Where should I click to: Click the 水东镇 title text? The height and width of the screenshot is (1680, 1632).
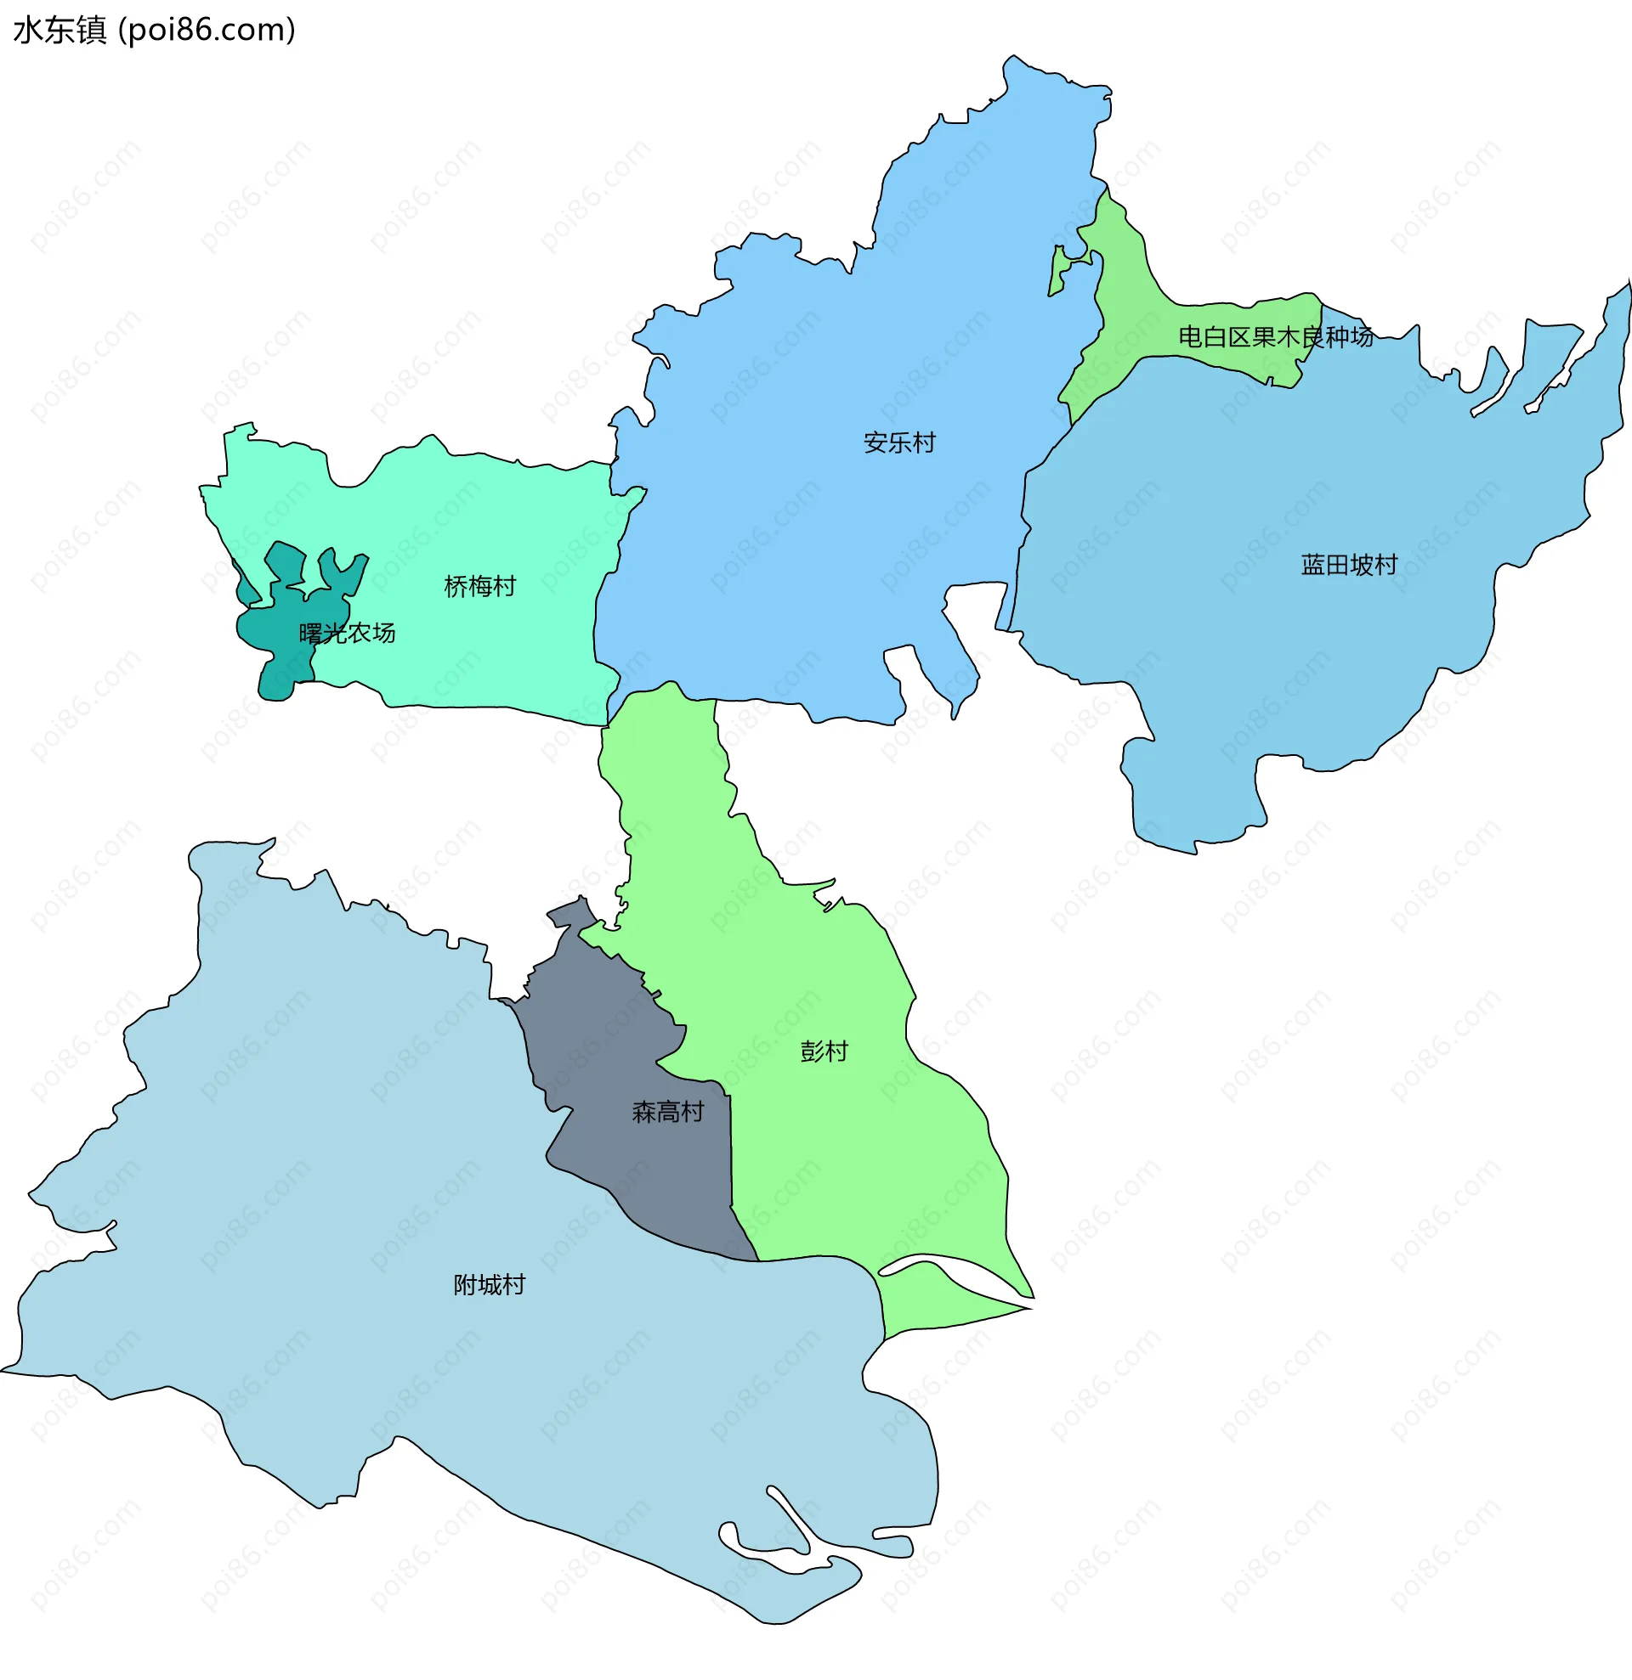pos(60,30)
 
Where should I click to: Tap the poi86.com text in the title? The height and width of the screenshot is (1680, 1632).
pos(206,30)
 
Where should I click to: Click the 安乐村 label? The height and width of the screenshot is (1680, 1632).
pos(898,443)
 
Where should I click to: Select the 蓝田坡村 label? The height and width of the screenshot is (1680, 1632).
pos(1349,565)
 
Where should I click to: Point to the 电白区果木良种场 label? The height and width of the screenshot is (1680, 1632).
pos(1275,337)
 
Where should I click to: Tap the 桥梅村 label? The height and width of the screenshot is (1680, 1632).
pos(479,586)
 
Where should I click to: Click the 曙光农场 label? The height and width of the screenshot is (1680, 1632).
pos(347,634)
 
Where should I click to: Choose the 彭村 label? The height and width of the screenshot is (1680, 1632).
pos(824,1051)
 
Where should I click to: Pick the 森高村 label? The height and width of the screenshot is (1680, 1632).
pos(667,1112)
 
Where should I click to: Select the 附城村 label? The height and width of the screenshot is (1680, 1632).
pos(489,1285)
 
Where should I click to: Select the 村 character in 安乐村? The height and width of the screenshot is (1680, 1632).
pos(924,443)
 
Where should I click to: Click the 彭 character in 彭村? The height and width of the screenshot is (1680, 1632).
pos(811,1051)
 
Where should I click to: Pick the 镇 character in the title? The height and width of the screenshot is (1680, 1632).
pos(91,30)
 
